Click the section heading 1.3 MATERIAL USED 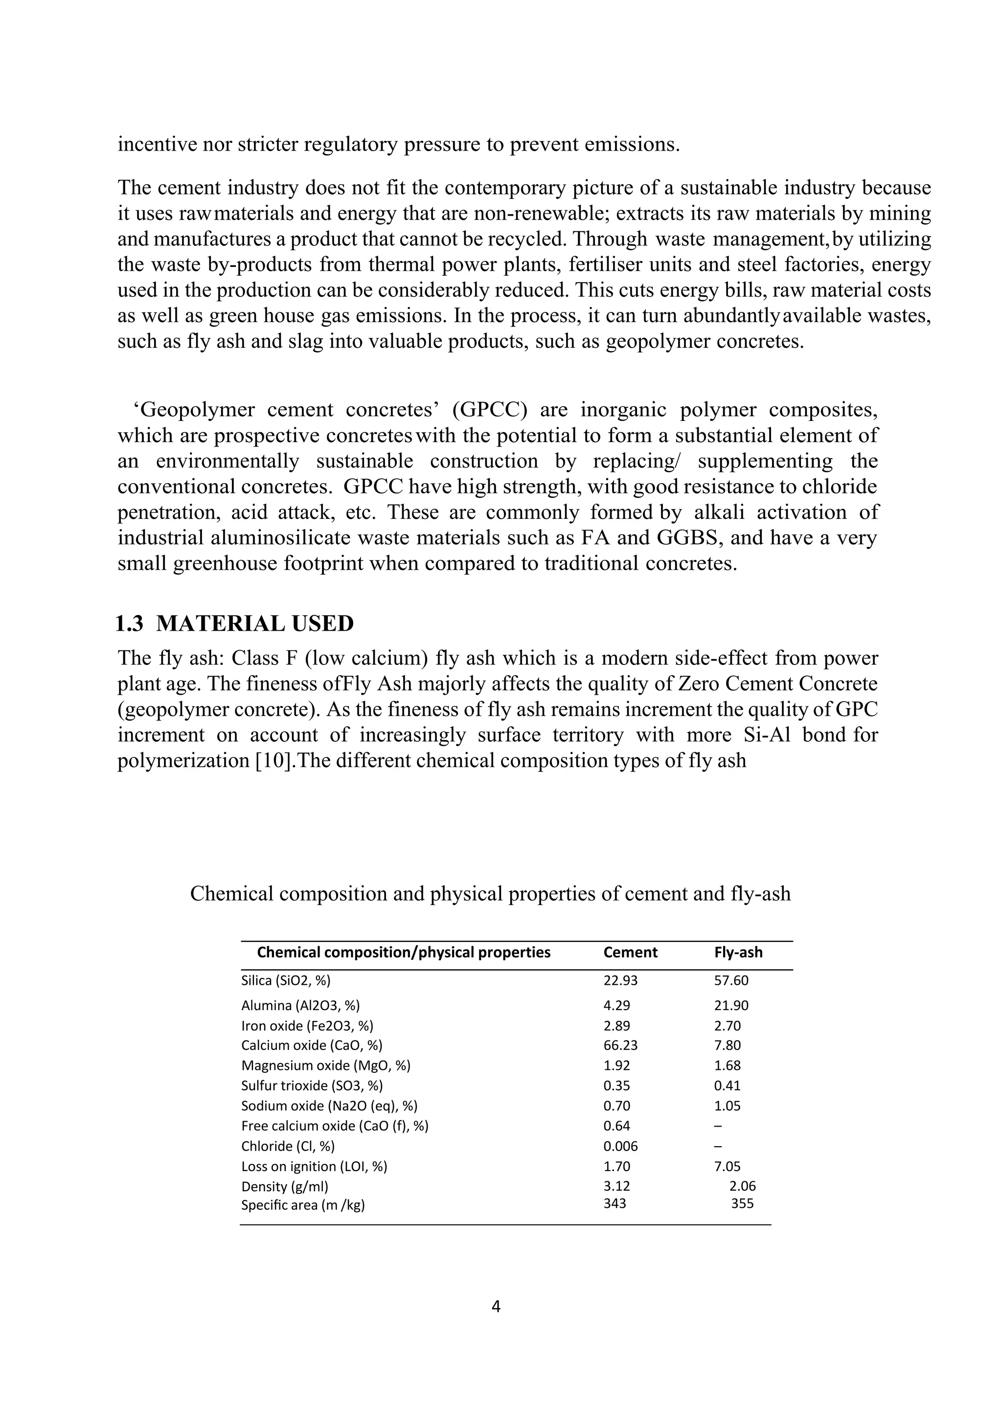235,623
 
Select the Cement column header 630,952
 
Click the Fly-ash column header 738,952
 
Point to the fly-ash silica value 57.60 731,980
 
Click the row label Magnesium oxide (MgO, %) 325,1065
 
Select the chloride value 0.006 620,1146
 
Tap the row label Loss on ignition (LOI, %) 314,1167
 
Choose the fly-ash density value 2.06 742,1186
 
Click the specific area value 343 615,1203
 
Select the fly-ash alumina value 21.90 731,1005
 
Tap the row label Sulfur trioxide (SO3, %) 312,1085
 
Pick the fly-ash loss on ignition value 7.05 727,1167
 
